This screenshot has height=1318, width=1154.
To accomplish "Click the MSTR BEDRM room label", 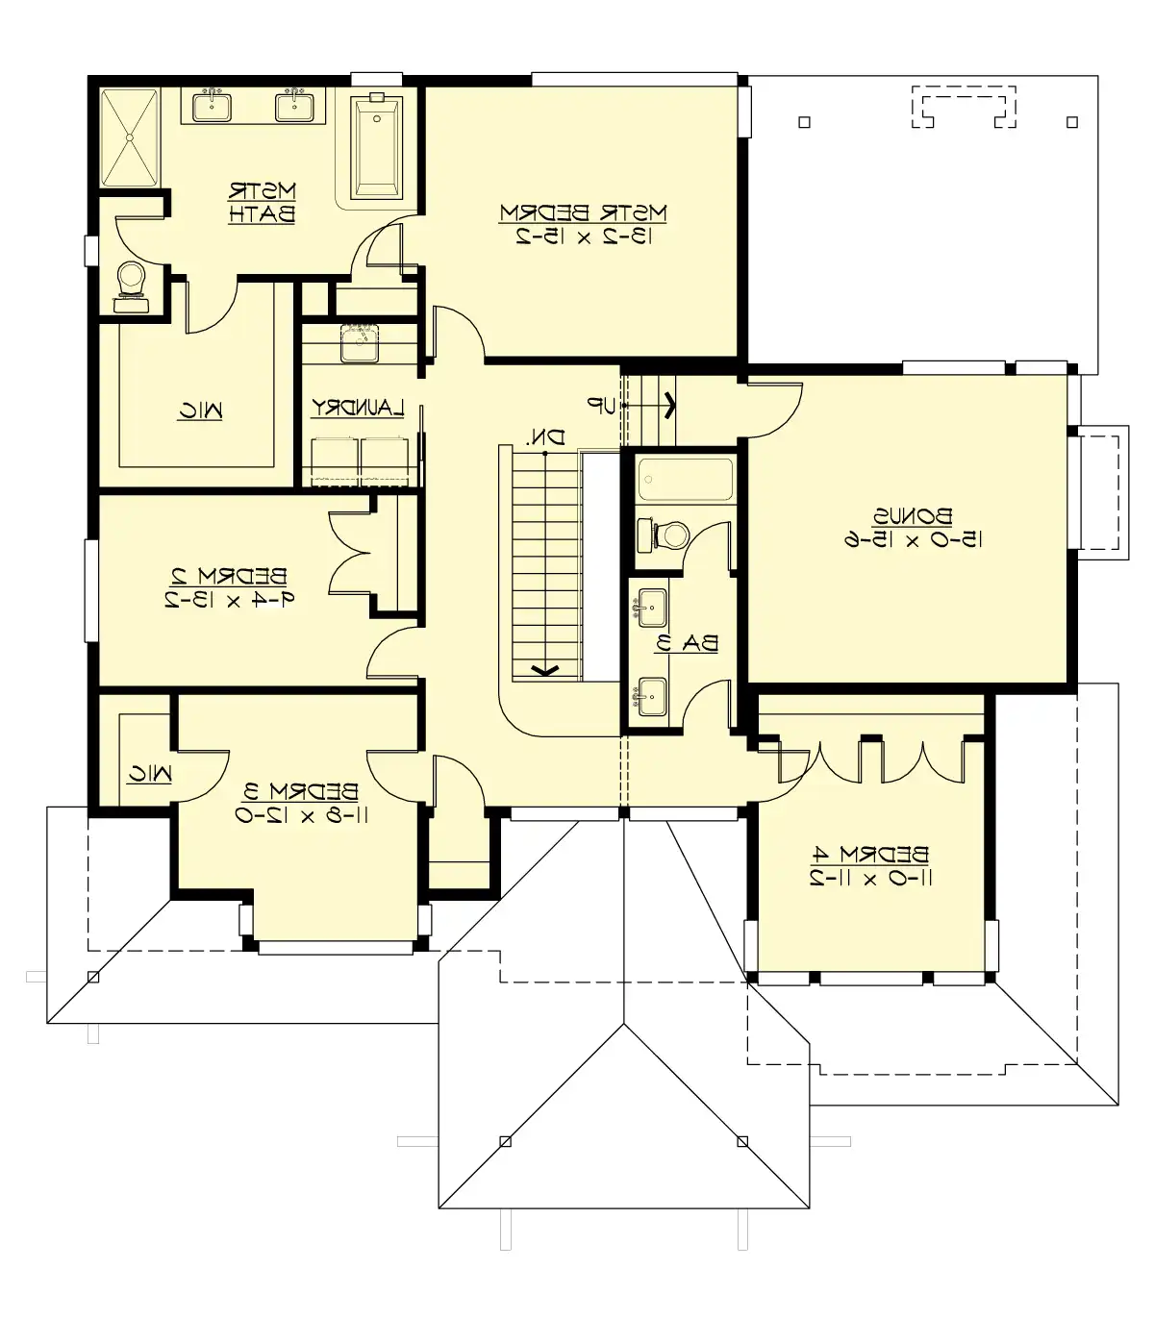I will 584,211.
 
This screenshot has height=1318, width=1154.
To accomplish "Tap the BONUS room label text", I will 913,516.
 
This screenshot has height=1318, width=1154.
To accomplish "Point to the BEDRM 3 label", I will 301,791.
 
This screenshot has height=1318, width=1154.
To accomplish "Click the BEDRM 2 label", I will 228,577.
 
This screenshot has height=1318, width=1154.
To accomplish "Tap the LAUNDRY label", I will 358,409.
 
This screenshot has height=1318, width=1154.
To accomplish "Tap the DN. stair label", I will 544,437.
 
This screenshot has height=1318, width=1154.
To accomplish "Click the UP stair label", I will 602,407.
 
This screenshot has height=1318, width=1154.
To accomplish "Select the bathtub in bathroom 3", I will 685,479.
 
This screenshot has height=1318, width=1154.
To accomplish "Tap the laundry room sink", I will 359,343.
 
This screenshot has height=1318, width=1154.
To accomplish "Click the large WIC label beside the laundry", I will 200,411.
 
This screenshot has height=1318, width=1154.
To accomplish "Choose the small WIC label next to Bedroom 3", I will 150,772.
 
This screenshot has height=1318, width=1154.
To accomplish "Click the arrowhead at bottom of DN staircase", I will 544,670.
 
